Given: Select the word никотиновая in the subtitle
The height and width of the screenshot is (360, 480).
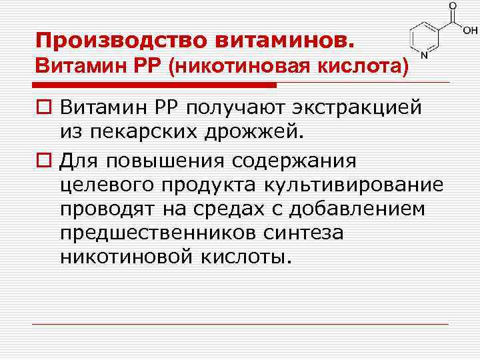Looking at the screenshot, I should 247,67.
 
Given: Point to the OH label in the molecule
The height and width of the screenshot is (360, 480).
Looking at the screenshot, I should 470,30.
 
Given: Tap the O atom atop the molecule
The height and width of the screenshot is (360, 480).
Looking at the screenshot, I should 453,6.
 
